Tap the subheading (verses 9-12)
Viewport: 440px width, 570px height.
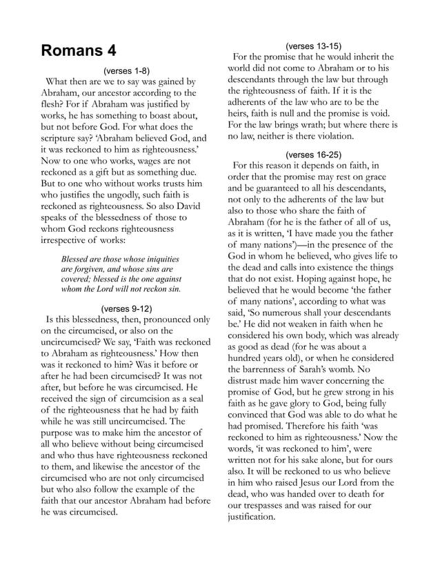point(126,308)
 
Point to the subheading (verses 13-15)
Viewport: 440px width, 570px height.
point(313,46)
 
